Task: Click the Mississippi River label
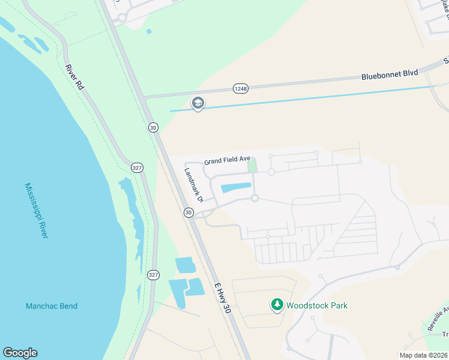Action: [x=37, y=211]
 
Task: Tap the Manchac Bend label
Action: [x=52, y=306]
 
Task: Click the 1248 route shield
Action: [x=240, y=89]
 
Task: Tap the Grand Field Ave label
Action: [x=227, y=160]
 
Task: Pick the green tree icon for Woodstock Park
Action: [x=277, y=305]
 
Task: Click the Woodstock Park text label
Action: [x=317, y=305]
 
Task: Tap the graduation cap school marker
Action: [x=197, y=104]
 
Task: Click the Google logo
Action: [x=20, y=353]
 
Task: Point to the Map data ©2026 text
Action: [x=423, y=355]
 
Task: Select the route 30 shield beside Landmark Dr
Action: [x=188, y=212]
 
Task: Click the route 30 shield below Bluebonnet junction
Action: [x=153, y=127]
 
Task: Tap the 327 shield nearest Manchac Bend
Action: [x=153, y=275]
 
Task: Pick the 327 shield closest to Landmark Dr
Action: [x=137, y=168]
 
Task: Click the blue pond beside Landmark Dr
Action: [x=235, y=188]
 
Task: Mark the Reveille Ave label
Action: [x=437, y=319]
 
